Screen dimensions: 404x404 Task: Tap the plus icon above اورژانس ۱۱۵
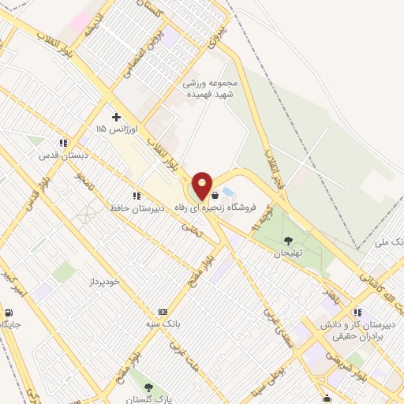[116, 117]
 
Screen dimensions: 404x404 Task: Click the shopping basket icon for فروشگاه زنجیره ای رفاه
[215, 194]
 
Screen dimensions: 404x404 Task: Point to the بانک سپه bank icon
[163, 312]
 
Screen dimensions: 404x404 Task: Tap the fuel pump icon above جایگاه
[12, 310]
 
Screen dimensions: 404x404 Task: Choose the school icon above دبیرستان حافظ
[137, 196]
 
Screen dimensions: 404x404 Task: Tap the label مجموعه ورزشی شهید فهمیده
[211, 87]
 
